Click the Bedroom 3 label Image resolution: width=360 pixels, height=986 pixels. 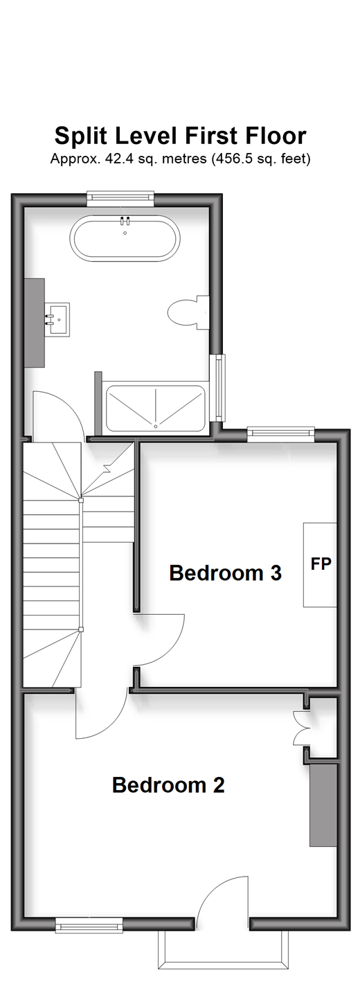click(x=225, y=573)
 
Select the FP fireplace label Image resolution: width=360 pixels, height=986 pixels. click(x=321, y=564)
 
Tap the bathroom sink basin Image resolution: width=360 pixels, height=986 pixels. click(x=57, y=319)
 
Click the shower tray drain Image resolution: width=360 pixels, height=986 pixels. click(x=155, y=426)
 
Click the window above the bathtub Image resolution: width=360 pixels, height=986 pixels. click(x=120, y=199)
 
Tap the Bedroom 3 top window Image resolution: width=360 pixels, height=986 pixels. click(x=281, y=434)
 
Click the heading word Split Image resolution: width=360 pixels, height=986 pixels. click(x=80, y=136)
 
